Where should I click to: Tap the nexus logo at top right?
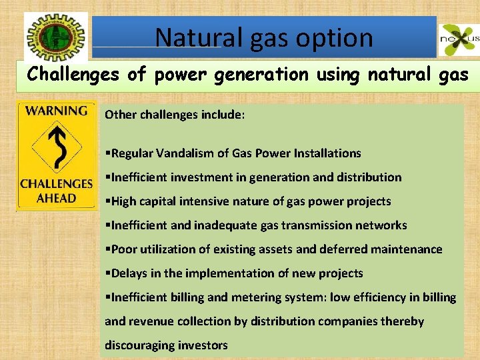click(459, 41)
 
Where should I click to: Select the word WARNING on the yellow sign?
click(57, 111)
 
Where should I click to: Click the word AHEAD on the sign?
click(57, 197)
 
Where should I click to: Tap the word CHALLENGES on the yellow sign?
click(57, 184)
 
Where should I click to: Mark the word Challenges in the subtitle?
click(73, 75)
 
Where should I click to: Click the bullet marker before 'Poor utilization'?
click(108, 249)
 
